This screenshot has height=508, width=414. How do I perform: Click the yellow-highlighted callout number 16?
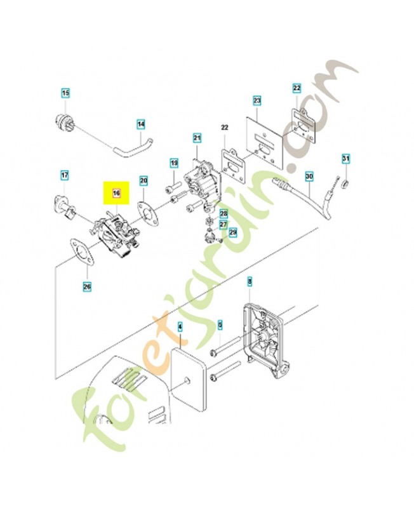pos(116,192)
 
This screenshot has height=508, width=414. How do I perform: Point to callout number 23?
pos(257,100)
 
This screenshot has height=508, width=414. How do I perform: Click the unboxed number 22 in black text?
pos(224,128)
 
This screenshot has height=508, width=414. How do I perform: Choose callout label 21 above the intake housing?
pos(197,138)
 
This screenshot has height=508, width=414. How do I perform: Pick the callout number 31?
pos(345,157)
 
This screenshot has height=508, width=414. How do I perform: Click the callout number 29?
pos(232,233)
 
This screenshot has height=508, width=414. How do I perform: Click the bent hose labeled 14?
pos(130,147)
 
